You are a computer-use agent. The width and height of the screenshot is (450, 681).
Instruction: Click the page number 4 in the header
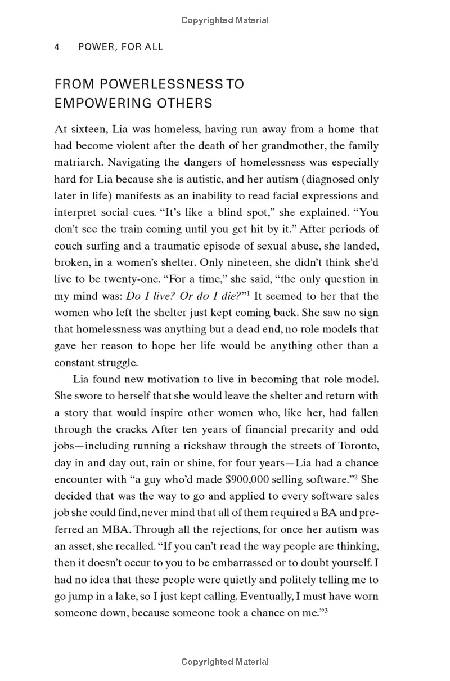[57, 47]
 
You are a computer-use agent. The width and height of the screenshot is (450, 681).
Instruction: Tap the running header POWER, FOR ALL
[121, 47]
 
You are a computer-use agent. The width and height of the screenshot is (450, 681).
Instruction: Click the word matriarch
[78, 163]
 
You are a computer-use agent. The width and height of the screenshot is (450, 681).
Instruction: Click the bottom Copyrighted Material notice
[225, 662]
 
